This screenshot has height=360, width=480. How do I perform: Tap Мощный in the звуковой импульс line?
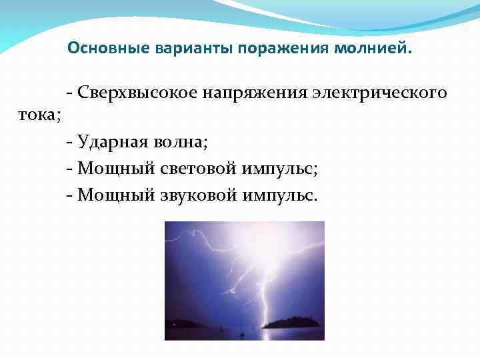(x=116, y=195)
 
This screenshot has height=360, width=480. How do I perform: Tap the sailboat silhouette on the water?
(x=243, y=327)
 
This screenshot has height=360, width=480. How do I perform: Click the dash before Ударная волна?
(x=70, y=142)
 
